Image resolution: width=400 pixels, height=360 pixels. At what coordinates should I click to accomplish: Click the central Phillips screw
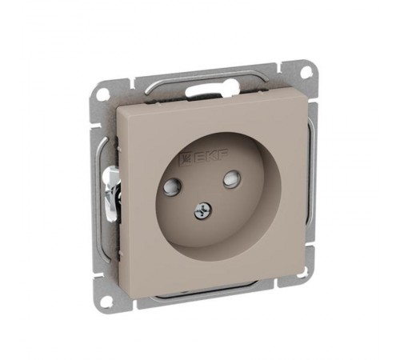tap(202, 210)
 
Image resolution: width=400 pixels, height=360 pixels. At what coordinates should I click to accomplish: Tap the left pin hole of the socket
tap(171, 185)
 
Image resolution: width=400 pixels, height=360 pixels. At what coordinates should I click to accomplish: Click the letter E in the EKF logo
tap(202, 158)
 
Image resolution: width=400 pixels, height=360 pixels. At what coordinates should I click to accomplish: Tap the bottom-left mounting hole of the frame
tap(107, 301)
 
